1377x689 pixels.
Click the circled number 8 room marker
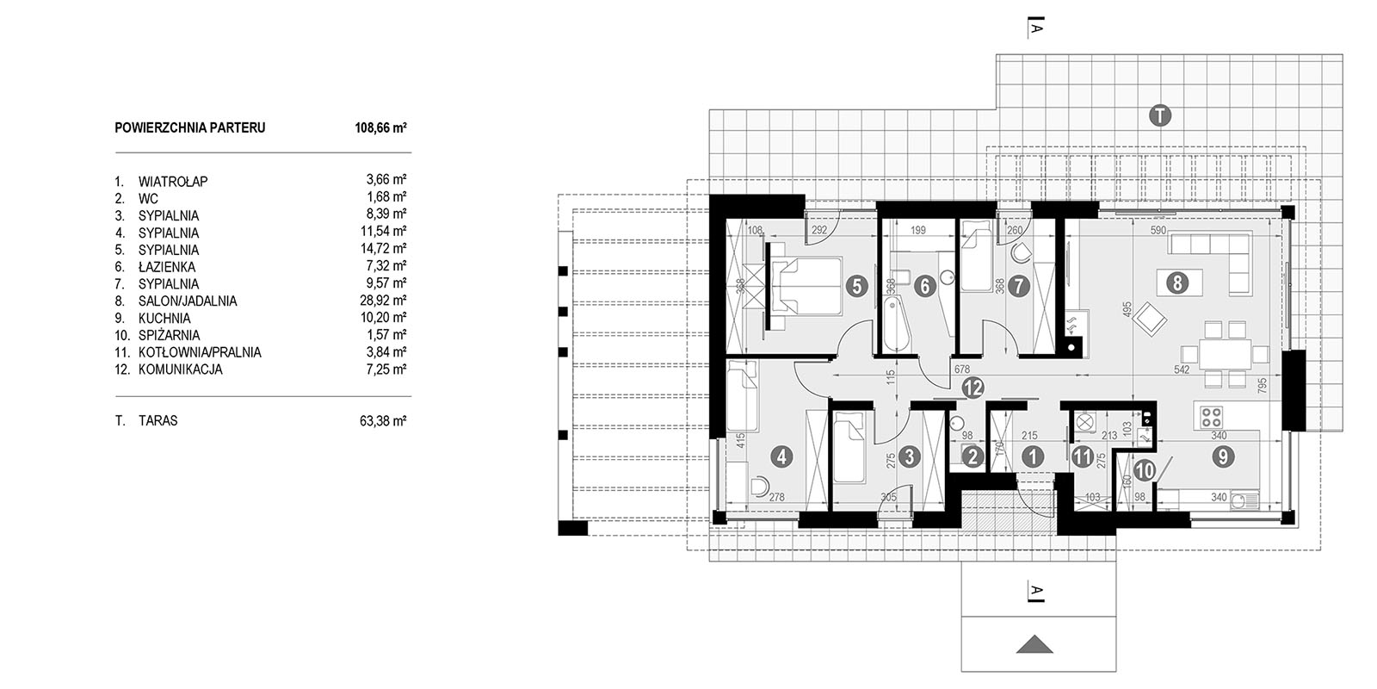tap(1177, 283)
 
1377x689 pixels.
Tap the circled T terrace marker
tap(1160, 115)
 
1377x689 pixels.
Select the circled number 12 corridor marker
tap(973, 388)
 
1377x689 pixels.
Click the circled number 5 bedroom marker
tap(856, 286)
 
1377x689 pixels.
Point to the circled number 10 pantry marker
tap(1145, 471)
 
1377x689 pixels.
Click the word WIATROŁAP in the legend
tap(173, 182)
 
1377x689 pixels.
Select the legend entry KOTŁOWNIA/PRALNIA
tap(200, 352)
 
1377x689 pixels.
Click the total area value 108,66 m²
tap(380, 128)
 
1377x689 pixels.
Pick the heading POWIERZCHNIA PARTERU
tap(190, 128)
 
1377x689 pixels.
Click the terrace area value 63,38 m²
tap(383, 421)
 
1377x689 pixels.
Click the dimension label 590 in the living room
tap(1158, 230)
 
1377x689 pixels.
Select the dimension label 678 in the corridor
tap(962, 369)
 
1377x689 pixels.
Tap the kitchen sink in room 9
tap(1244, 500)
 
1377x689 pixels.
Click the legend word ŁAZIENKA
tap(167, 267)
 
